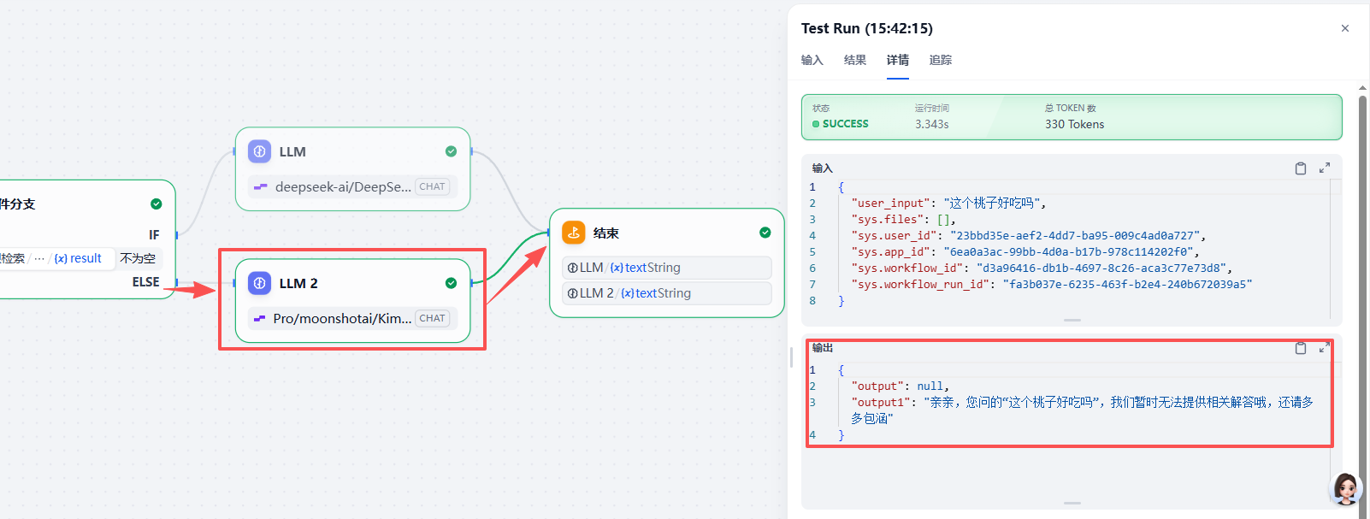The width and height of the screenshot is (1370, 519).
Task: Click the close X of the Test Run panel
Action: click(x=1345, y=28)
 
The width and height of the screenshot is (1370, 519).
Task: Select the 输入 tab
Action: click(x=812, y=60)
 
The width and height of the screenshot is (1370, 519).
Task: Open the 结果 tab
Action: click(x=855, y=60)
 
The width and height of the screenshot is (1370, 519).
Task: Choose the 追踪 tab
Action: click(x=941, y=60)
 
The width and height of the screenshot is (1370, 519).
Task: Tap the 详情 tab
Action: click(x=898, y=60)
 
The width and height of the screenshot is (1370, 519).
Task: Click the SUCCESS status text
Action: click(x=845, y=123)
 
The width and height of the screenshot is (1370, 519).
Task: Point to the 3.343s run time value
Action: click(x=931, y=124)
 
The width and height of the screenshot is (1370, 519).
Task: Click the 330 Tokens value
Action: click(x=1075, y=124)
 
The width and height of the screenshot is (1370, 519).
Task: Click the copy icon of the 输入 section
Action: click(x=1301, y=168)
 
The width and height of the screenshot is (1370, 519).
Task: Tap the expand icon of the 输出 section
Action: click(x=1325, y=348)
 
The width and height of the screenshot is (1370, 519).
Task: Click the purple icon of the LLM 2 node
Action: click(x=259, y=283)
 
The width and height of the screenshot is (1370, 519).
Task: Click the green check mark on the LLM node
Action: click(x=451, y=151)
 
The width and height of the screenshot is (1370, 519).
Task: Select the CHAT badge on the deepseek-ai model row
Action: click(x=432, y=186)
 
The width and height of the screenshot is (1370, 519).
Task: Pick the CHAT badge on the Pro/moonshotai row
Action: click(x=432, y=318)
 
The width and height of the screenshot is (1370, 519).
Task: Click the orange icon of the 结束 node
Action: click(x=574, y=233)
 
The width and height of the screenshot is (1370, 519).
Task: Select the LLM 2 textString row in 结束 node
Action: click(x=667, y=292)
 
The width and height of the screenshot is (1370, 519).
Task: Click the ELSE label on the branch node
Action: click(x=145, y=282)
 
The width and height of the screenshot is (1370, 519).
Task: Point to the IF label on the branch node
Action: click(x=154, y=235)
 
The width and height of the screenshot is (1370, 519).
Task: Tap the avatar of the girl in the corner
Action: click(x=1345, y=488)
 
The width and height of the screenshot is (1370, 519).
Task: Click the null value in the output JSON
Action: click(x=930, y=386)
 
